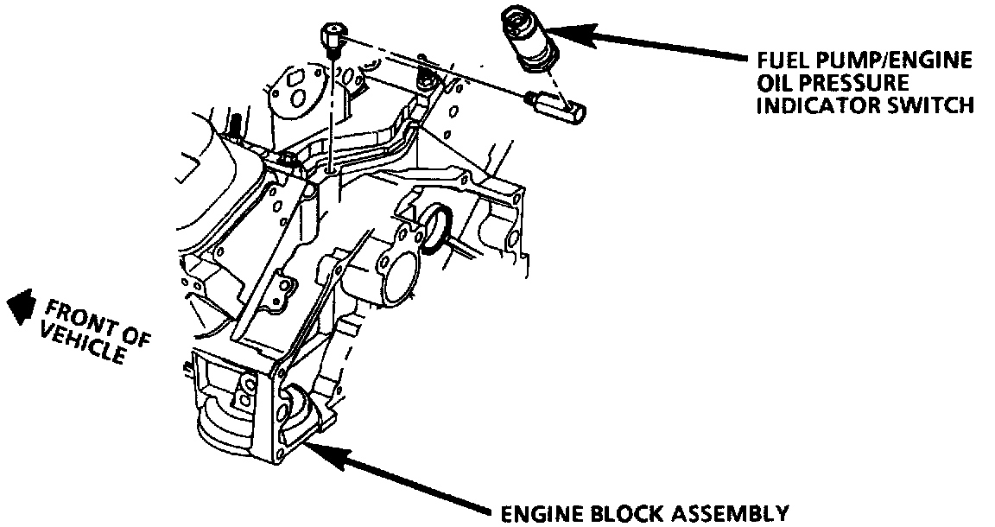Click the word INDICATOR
[x=815, y=105]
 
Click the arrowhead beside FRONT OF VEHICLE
[x=20, y=307]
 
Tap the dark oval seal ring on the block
[x=435, y=229]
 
